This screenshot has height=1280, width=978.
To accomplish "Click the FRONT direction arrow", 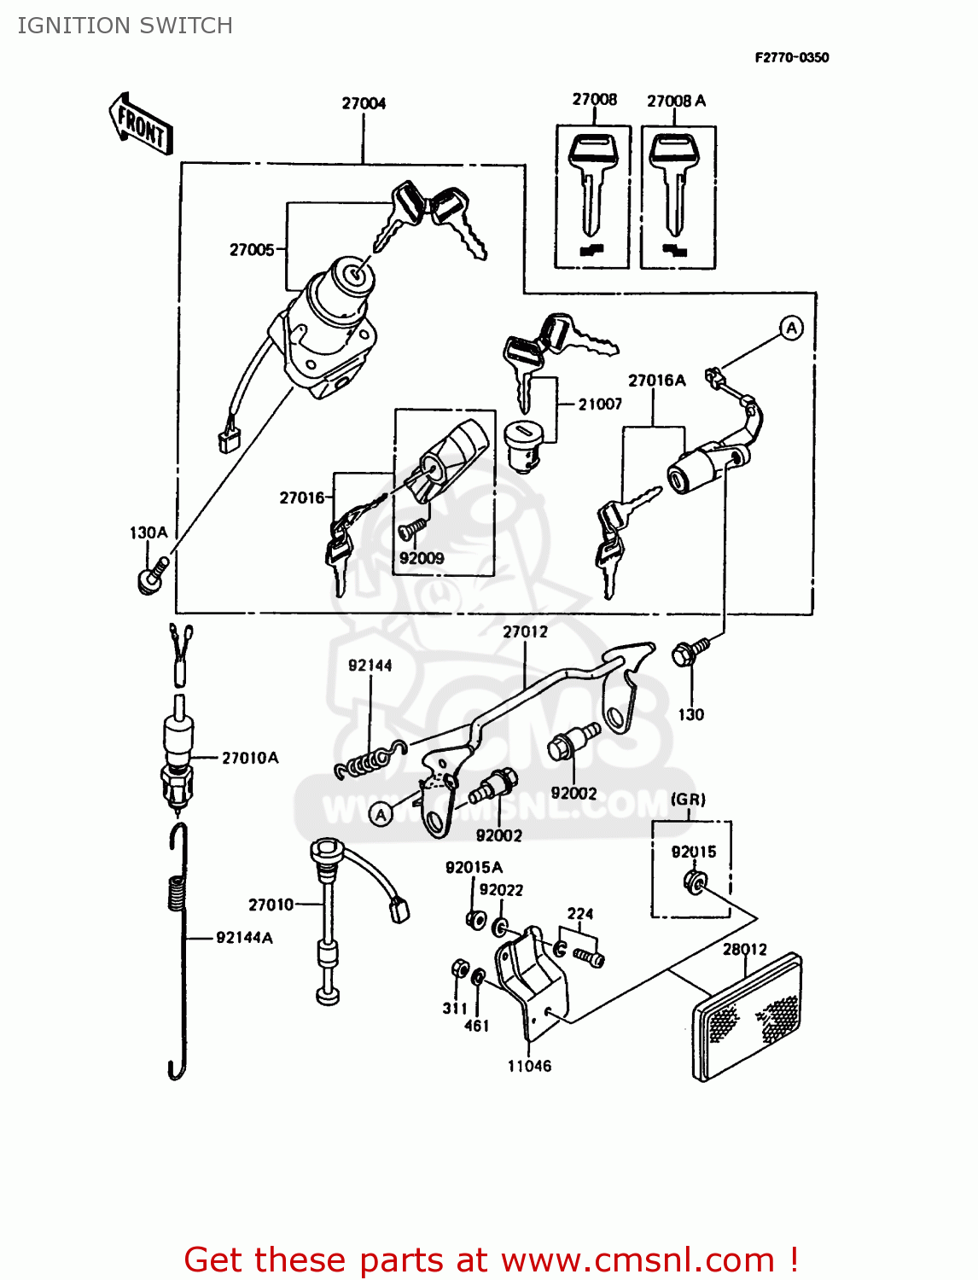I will pos(141,125).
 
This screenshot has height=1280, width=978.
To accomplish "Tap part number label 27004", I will pos(364,103).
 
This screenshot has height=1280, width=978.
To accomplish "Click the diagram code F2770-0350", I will pos(791,57).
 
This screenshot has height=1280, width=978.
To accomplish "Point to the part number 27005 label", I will pos(252,249).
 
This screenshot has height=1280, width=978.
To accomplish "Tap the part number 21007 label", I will pos(600,404).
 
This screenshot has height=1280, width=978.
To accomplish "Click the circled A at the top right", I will pos(791,328).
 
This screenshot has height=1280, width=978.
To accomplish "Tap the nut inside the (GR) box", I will pos(695,881).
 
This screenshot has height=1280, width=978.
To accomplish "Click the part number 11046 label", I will pos(529,1065).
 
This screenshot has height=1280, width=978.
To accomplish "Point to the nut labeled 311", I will pos(458,969).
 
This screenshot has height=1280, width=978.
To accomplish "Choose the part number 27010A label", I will pos(250,758).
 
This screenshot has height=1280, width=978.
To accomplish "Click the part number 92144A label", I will pos(244,938).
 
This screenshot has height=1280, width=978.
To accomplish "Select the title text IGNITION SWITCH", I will pos(125,26).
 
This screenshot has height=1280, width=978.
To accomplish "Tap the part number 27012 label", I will pos(525,631).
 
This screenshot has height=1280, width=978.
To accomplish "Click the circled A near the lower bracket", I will pos(381,814).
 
